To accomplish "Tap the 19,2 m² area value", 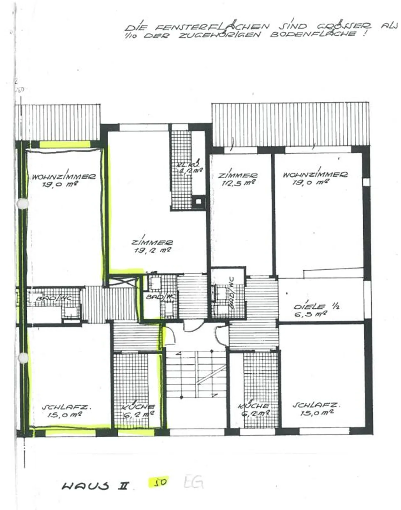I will (x=153, y=250).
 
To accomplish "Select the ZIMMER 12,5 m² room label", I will (x=238, y=179).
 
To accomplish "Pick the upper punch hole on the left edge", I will (x=22, y=204).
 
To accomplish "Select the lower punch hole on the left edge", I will (x=23, y=358).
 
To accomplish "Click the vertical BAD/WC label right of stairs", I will (x=231, y=293).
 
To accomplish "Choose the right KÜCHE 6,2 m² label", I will (x=254, y=409).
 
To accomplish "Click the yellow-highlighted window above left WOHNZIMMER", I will (x=65, y=144).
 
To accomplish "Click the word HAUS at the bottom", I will (x=85, y=486).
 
